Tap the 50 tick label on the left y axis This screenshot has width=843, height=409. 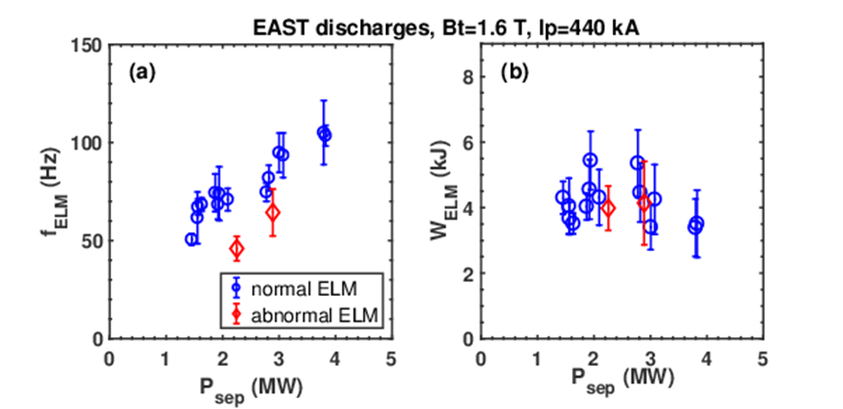93,240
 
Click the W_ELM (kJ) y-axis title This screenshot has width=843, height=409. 449,191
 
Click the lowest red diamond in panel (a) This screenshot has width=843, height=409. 237,248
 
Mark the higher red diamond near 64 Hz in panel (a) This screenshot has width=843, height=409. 273,213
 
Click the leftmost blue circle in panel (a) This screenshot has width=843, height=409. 191,239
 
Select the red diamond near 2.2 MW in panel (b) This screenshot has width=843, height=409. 608,208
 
